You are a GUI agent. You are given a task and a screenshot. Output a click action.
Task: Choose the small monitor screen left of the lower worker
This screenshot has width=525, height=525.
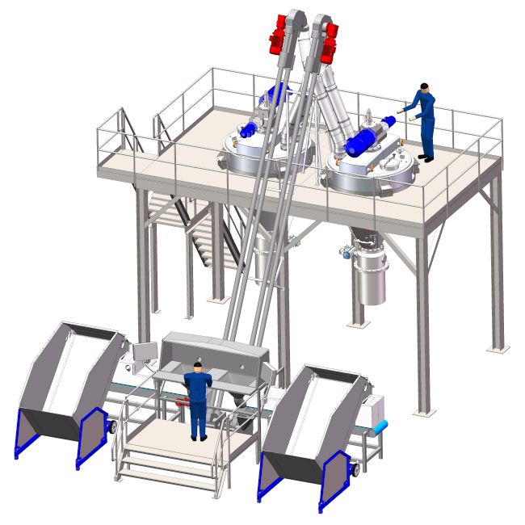click(x=144, y=352)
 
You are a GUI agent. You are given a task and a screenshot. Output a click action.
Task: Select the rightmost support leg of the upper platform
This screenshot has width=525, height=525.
click(x=495, y=267)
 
